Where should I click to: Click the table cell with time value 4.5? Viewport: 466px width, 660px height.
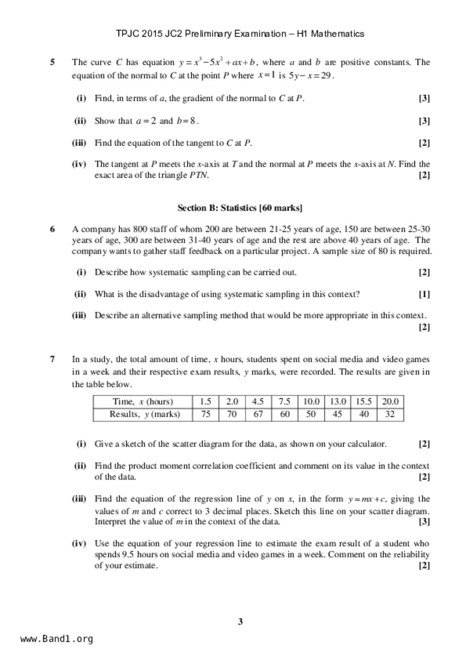258,401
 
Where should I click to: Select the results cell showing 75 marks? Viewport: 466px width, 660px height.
205,414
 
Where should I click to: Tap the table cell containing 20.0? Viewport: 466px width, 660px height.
390,401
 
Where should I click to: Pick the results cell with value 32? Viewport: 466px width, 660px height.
390,414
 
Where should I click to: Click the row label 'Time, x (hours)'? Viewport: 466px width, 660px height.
143,401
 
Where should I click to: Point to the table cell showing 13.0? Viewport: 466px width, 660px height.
337,401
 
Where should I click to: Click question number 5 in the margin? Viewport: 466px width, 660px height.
53,62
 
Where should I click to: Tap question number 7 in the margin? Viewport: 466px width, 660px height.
53,359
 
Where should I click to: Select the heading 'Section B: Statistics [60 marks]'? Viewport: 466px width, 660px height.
240,208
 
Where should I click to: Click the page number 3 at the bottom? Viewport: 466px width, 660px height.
240,622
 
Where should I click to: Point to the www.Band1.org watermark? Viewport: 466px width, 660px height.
56,639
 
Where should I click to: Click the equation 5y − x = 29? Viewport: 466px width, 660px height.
311,76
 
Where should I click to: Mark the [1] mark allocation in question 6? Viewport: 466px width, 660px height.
424,294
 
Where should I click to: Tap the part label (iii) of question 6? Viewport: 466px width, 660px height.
79,315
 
